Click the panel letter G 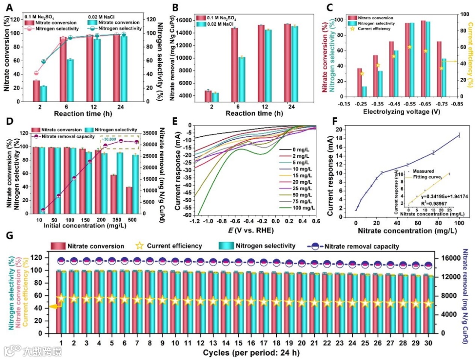click(8, 235)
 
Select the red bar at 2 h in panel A click(36, 91)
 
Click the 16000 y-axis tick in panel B click(184, 20)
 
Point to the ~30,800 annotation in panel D click(111, 139)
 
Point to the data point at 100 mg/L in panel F click(459, 135)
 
